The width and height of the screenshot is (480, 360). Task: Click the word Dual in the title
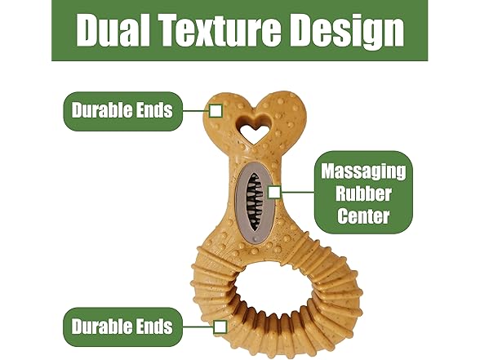point(113,30)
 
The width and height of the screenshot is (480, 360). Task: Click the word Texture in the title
point(220,30)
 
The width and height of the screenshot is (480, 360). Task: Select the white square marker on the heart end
point(216,111)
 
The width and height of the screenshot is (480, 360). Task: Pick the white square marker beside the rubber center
point(274,193)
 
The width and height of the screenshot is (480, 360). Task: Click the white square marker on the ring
point(220,327)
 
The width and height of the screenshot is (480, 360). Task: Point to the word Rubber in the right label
point(363,193)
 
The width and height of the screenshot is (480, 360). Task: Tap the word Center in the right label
point(363,216)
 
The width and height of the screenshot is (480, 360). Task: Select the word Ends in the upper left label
point(154,110)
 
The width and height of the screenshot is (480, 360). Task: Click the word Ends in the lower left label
point(154,327)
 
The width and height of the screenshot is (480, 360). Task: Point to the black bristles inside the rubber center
point(255,201)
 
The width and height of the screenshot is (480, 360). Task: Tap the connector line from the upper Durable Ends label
point(196,111)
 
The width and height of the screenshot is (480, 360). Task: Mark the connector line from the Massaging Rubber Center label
point(297,193)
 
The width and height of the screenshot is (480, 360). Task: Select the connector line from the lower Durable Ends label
point(198,327)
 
